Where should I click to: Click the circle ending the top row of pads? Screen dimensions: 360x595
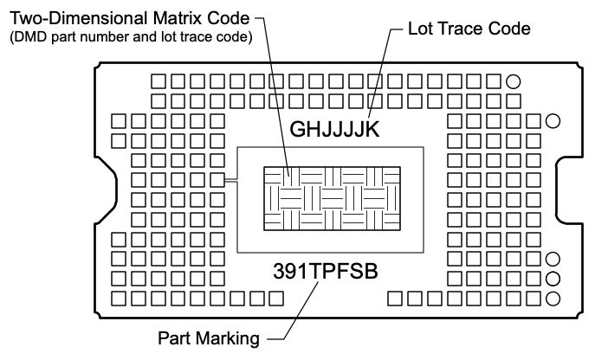pyautogui.click(x=513, y=82)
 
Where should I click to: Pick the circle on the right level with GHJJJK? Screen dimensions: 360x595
pyautogui.click(x=553, y=120)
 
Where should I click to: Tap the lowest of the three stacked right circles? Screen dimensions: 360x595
pyautogui.click(x=553, y=299)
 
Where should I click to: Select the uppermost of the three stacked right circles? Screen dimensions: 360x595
pyautogui.click(x=553, y=260)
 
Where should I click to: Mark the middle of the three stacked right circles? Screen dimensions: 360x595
pyautogui.click(x=553, y=279)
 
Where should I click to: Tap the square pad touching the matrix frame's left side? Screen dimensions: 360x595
pyautogui.click(x=230, y=181)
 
